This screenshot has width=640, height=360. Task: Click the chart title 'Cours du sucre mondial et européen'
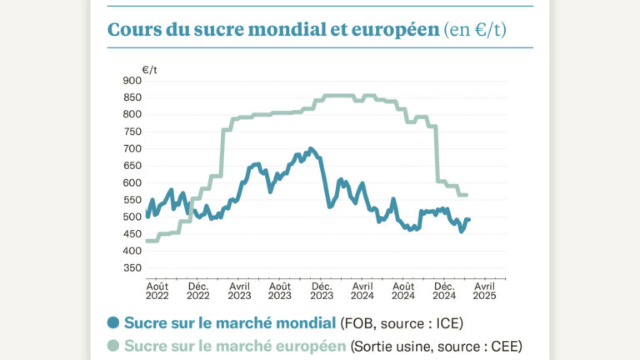[x=272, y=30]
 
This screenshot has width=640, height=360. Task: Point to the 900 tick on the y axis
[x=132, y=81]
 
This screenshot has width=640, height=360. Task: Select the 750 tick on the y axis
[x=132, y=132]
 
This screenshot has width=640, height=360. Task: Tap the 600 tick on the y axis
[x=132, y=182]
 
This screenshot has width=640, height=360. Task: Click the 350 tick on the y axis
[x=132, y=268]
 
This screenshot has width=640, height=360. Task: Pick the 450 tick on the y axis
[x=132, y=234]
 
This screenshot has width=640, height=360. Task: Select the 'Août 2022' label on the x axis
[x=157, y=289]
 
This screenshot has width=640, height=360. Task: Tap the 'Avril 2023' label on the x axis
[x=239, y=289]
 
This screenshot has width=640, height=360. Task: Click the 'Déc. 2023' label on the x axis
[x=322, y=289]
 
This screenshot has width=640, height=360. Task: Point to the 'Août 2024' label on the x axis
[x=403, y=289]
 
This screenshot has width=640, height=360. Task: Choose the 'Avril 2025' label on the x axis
[x=484, y=289]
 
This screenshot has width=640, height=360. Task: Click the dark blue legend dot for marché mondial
[x=113, y=322]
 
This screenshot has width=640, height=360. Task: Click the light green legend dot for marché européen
[x=113, y=346]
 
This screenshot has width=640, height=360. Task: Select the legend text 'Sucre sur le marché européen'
[x=235, y=346]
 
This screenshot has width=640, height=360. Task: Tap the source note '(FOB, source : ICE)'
[x=402, y=322]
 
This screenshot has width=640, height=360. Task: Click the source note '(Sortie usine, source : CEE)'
[x=437, y=346]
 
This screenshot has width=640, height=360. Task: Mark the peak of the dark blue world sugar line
[x=311, y=149]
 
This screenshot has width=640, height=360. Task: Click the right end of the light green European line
[x=467, y=195]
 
